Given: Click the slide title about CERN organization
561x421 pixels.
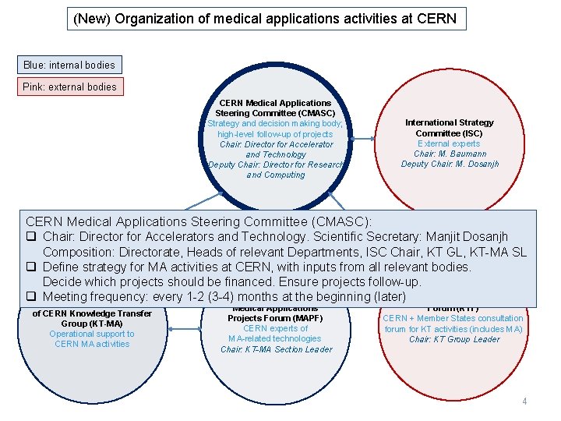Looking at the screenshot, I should (x=265, y=18).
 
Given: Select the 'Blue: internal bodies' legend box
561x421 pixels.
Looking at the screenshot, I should (x=69, y=65).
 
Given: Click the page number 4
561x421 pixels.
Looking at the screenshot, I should (x=524, y=402).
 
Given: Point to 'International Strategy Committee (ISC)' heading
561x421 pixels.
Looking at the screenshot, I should (x=450, y=128).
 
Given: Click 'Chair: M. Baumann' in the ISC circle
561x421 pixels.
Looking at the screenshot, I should (x=450, y=154).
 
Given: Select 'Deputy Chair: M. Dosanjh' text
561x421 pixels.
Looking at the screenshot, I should (x=450, y=164).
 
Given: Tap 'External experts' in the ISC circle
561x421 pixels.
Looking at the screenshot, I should (x=450, y=143).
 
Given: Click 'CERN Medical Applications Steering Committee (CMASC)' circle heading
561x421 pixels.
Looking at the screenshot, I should (x=275, y=108).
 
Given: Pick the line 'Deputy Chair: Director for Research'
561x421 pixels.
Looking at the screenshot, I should (x=275, y=165).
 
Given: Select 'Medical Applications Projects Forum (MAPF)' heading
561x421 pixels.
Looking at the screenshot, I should (x=275, y=313).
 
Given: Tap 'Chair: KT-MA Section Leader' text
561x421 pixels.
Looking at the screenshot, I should (x=276, y=349).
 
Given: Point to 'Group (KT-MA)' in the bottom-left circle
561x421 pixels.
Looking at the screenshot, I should (x=92, y=324).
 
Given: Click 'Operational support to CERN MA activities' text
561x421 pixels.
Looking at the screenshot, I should (x=92, y=339).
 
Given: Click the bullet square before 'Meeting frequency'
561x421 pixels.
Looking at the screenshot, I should (x=32, y=297).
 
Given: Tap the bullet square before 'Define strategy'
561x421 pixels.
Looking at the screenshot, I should (x=32, y=267).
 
